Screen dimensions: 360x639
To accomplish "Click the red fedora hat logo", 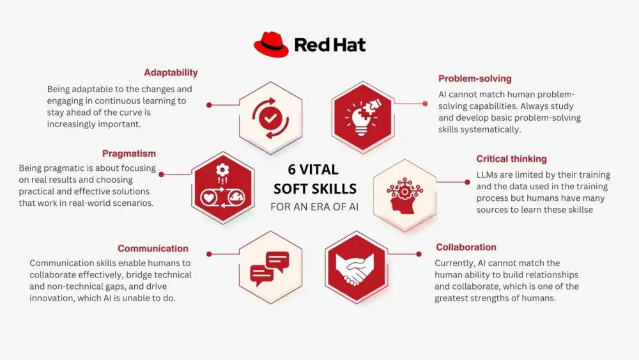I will tap(271, 45).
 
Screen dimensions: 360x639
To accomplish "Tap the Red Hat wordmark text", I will tap(330, 45).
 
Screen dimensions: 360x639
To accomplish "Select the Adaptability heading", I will tap(171, 73).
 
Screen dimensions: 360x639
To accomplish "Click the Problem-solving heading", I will tap(475, 79).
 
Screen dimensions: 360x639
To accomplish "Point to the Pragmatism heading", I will tap(129, 153).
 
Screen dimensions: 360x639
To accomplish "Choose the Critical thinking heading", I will tap(511, 159).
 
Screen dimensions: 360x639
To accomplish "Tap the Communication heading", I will tap(153, 249).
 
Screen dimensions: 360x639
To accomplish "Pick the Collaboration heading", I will tap(466, 247).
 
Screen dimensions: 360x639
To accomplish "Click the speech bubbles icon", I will tap(270, 268).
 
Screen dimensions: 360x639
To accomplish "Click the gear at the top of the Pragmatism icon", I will tap(222, 170).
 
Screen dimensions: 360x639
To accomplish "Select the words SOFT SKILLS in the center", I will tap(314, 189).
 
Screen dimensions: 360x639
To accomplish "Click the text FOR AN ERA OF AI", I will tap(314, 207).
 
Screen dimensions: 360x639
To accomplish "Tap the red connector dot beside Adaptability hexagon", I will tap(209, 104).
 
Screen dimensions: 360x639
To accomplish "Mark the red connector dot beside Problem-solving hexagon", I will tap(425, 103).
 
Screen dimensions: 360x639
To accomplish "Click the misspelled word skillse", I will tap(578, 210).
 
